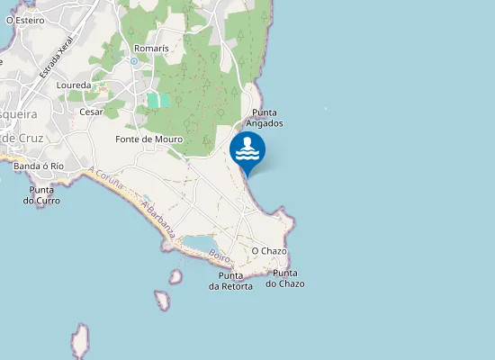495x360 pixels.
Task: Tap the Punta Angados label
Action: click(x=267, y=118)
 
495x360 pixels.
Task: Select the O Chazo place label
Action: click(x=269, y=250)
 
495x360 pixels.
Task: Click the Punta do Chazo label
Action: click(x=284, y=278)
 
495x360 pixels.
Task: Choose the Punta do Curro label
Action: click(x=41, y=195)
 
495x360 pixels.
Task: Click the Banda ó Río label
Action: click(x=39, y=166)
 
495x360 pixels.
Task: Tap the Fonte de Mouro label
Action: click(x=149, y=139)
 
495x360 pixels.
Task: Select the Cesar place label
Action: click(x=92, y=112)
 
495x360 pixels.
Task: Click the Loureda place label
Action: click(x=74, y=85)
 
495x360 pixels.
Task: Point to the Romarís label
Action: click(x=150, y=48)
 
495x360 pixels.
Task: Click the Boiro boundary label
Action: click(x=219, y=257)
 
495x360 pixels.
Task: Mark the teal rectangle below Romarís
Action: click(x=158, y=101)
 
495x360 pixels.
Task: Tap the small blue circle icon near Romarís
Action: click(x=134, y=61)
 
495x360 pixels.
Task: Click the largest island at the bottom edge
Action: click(x=80, y=342)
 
